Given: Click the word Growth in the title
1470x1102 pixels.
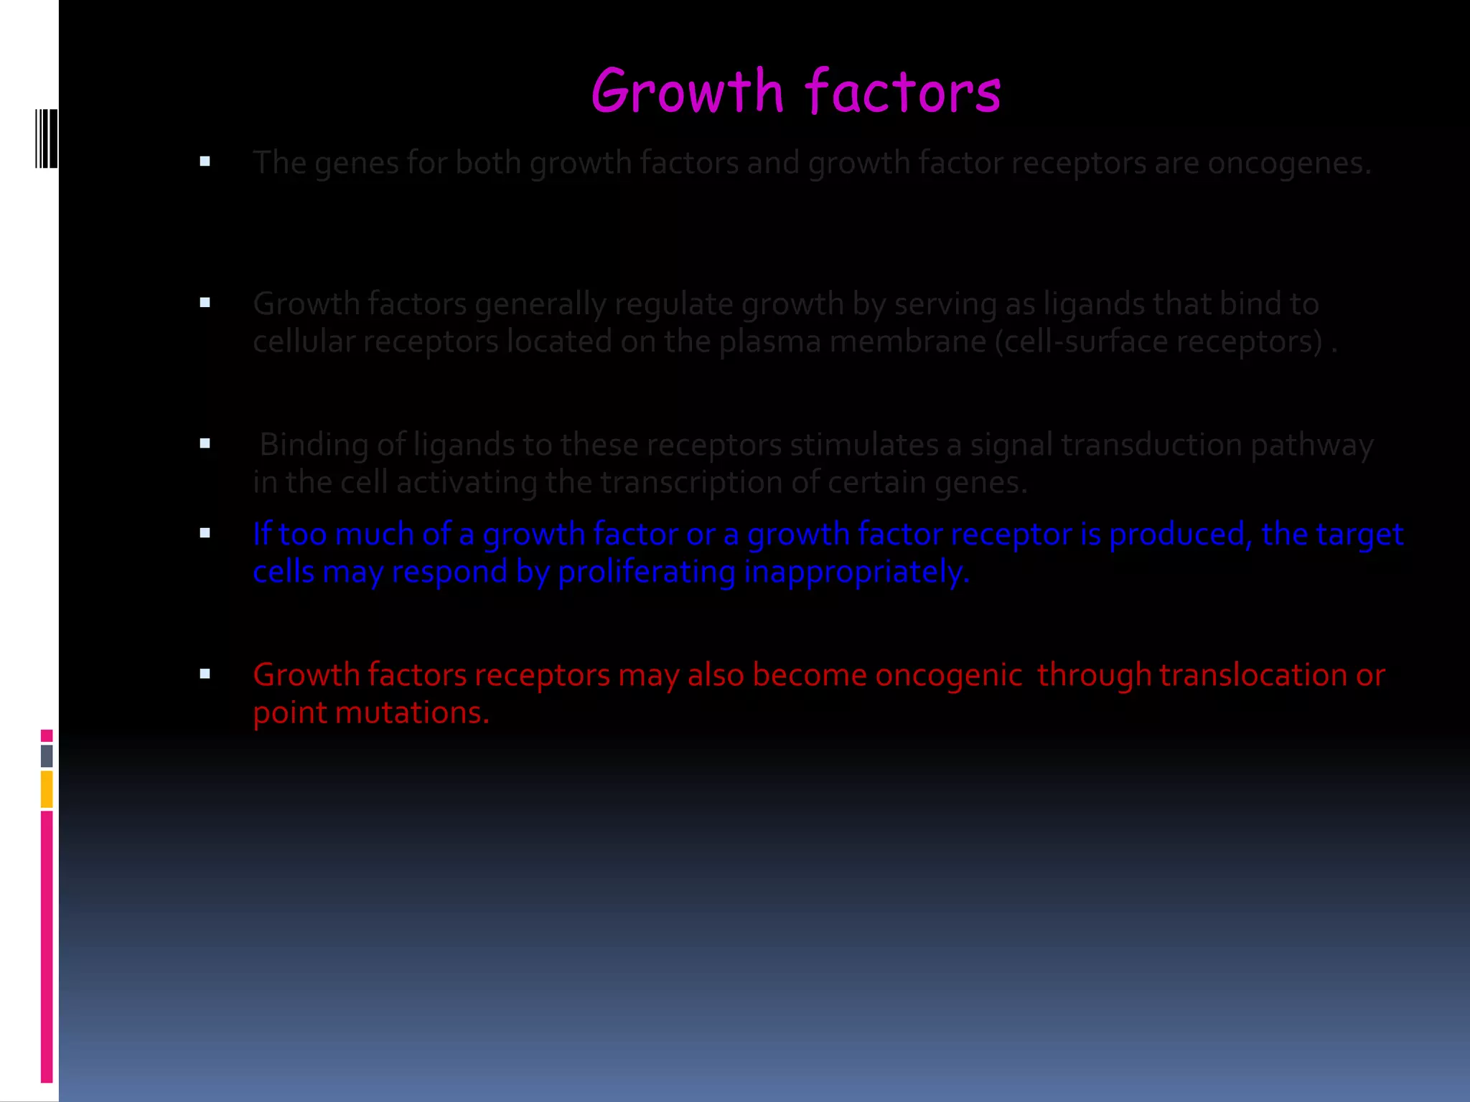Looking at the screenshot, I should pyautogui.click(x=688, y=92).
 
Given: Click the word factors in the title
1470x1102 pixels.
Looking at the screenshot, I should pyautogui.click(x=902, y=92).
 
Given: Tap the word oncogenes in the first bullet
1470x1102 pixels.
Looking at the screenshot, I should pyautogui.click(x=1289, y=164).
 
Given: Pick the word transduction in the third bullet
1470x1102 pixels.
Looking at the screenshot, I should pyautogui.click(x=1151, y=445).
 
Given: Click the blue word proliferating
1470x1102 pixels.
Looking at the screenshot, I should pyautogui.click(x=647, y=572).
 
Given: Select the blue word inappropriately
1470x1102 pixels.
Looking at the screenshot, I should pyautogui.click(x=857, y=572).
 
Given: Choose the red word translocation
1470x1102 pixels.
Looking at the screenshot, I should pyautogui.click(x=1253, y=675).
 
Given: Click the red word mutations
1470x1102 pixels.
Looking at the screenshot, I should pyautogui.click(x=412, y=712).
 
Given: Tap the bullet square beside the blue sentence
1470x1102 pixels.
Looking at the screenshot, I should pyautogui.click(x=205, y=533).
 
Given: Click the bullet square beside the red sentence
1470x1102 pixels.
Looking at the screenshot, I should pyautogui.click(x=205, y=674).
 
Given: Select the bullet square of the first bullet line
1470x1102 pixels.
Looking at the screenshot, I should pyautogui.click(x=205, y=161).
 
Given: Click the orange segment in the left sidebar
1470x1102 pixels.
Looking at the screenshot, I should pyautogui.click(x=47, y=788).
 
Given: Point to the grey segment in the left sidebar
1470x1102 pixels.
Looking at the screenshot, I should pyautogui.click(x=47, y=755).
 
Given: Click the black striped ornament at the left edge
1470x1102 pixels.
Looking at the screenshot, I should pyautogui.click(x=47, y=138).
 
